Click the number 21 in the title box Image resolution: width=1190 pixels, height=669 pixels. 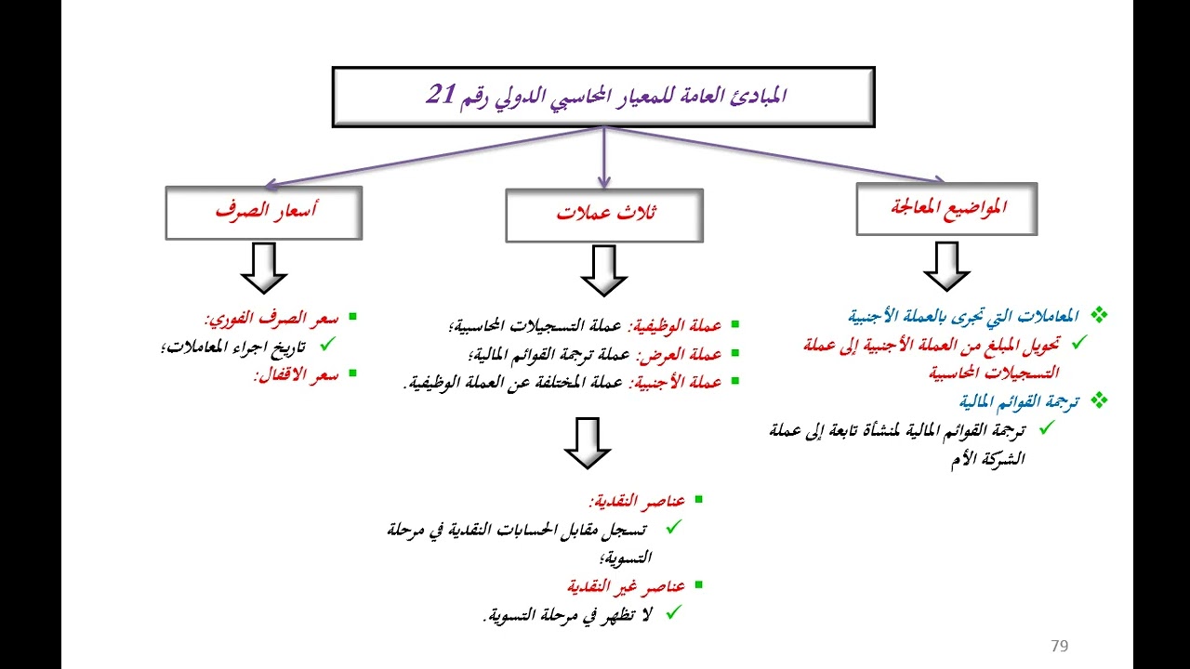[442, 94]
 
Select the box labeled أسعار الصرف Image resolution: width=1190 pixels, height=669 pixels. [264, 213]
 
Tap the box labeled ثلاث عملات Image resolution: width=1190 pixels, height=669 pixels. [604, 215]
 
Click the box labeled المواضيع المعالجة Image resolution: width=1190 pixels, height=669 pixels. [946, 209]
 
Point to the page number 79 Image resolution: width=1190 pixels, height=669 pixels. [1059, 646]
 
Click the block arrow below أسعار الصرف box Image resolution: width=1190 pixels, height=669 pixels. [264, 269]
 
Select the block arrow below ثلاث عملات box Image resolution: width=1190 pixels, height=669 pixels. [604, 270]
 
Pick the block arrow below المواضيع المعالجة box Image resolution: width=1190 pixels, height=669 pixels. [946, 267]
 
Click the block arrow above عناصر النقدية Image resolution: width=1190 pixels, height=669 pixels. [588, 443]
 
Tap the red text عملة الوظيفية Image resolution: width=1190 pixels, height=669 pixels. [675, 325]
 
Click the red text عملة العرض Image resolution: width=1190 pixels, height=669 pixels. [679, 354]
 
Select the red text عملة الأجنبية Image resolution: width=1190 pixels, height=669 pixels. [676, 382]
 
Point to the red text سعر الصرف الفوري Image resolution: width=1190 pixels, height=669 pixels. [272, 319]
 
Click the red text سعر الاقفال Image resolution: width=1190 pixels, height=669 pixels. [297, 374]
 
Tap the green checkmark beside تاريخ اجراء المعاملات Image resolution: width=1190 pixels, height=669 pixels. [328, 344]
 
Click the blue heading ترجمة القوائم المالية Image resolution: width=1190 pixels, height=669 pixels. [1020, 401]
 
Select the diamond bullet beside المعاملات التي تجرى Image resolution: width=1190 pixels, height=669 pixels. [1099, 315]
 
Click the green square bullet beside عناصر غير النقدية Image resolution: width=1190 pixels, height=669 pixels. [698, 584]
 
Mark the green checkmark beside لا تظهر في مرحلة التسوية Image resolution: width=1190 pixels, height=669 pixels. [673, 612]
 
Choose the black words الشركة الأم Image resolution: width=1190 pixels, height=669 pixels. [987, 459]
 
